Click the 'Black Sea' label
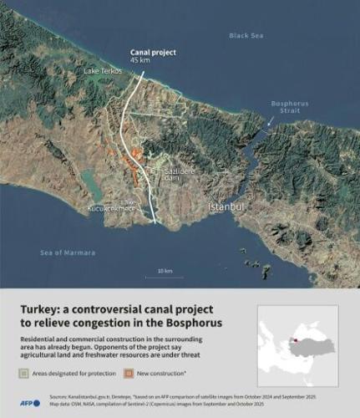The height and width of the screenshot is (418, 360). coord(247,35)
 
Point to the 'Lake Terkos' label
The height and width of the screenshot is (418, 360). coord(103,71)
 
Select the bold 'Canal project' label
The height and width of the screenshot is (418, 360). coord(153,52)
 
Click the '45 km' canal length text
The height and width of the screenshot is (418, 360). coord(140,60)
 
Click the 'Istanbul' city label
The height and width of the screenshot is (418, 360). coord(225,206)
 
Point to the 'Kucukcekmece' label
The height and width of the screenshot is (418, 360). coord(111,209)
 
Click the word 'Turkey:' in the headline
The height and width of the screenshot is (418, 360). coord(43,309)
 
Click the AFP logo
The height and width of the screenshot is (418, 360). coord(31,402)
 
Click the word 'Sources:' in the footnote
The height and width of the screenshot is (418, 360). coord(59,397)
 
